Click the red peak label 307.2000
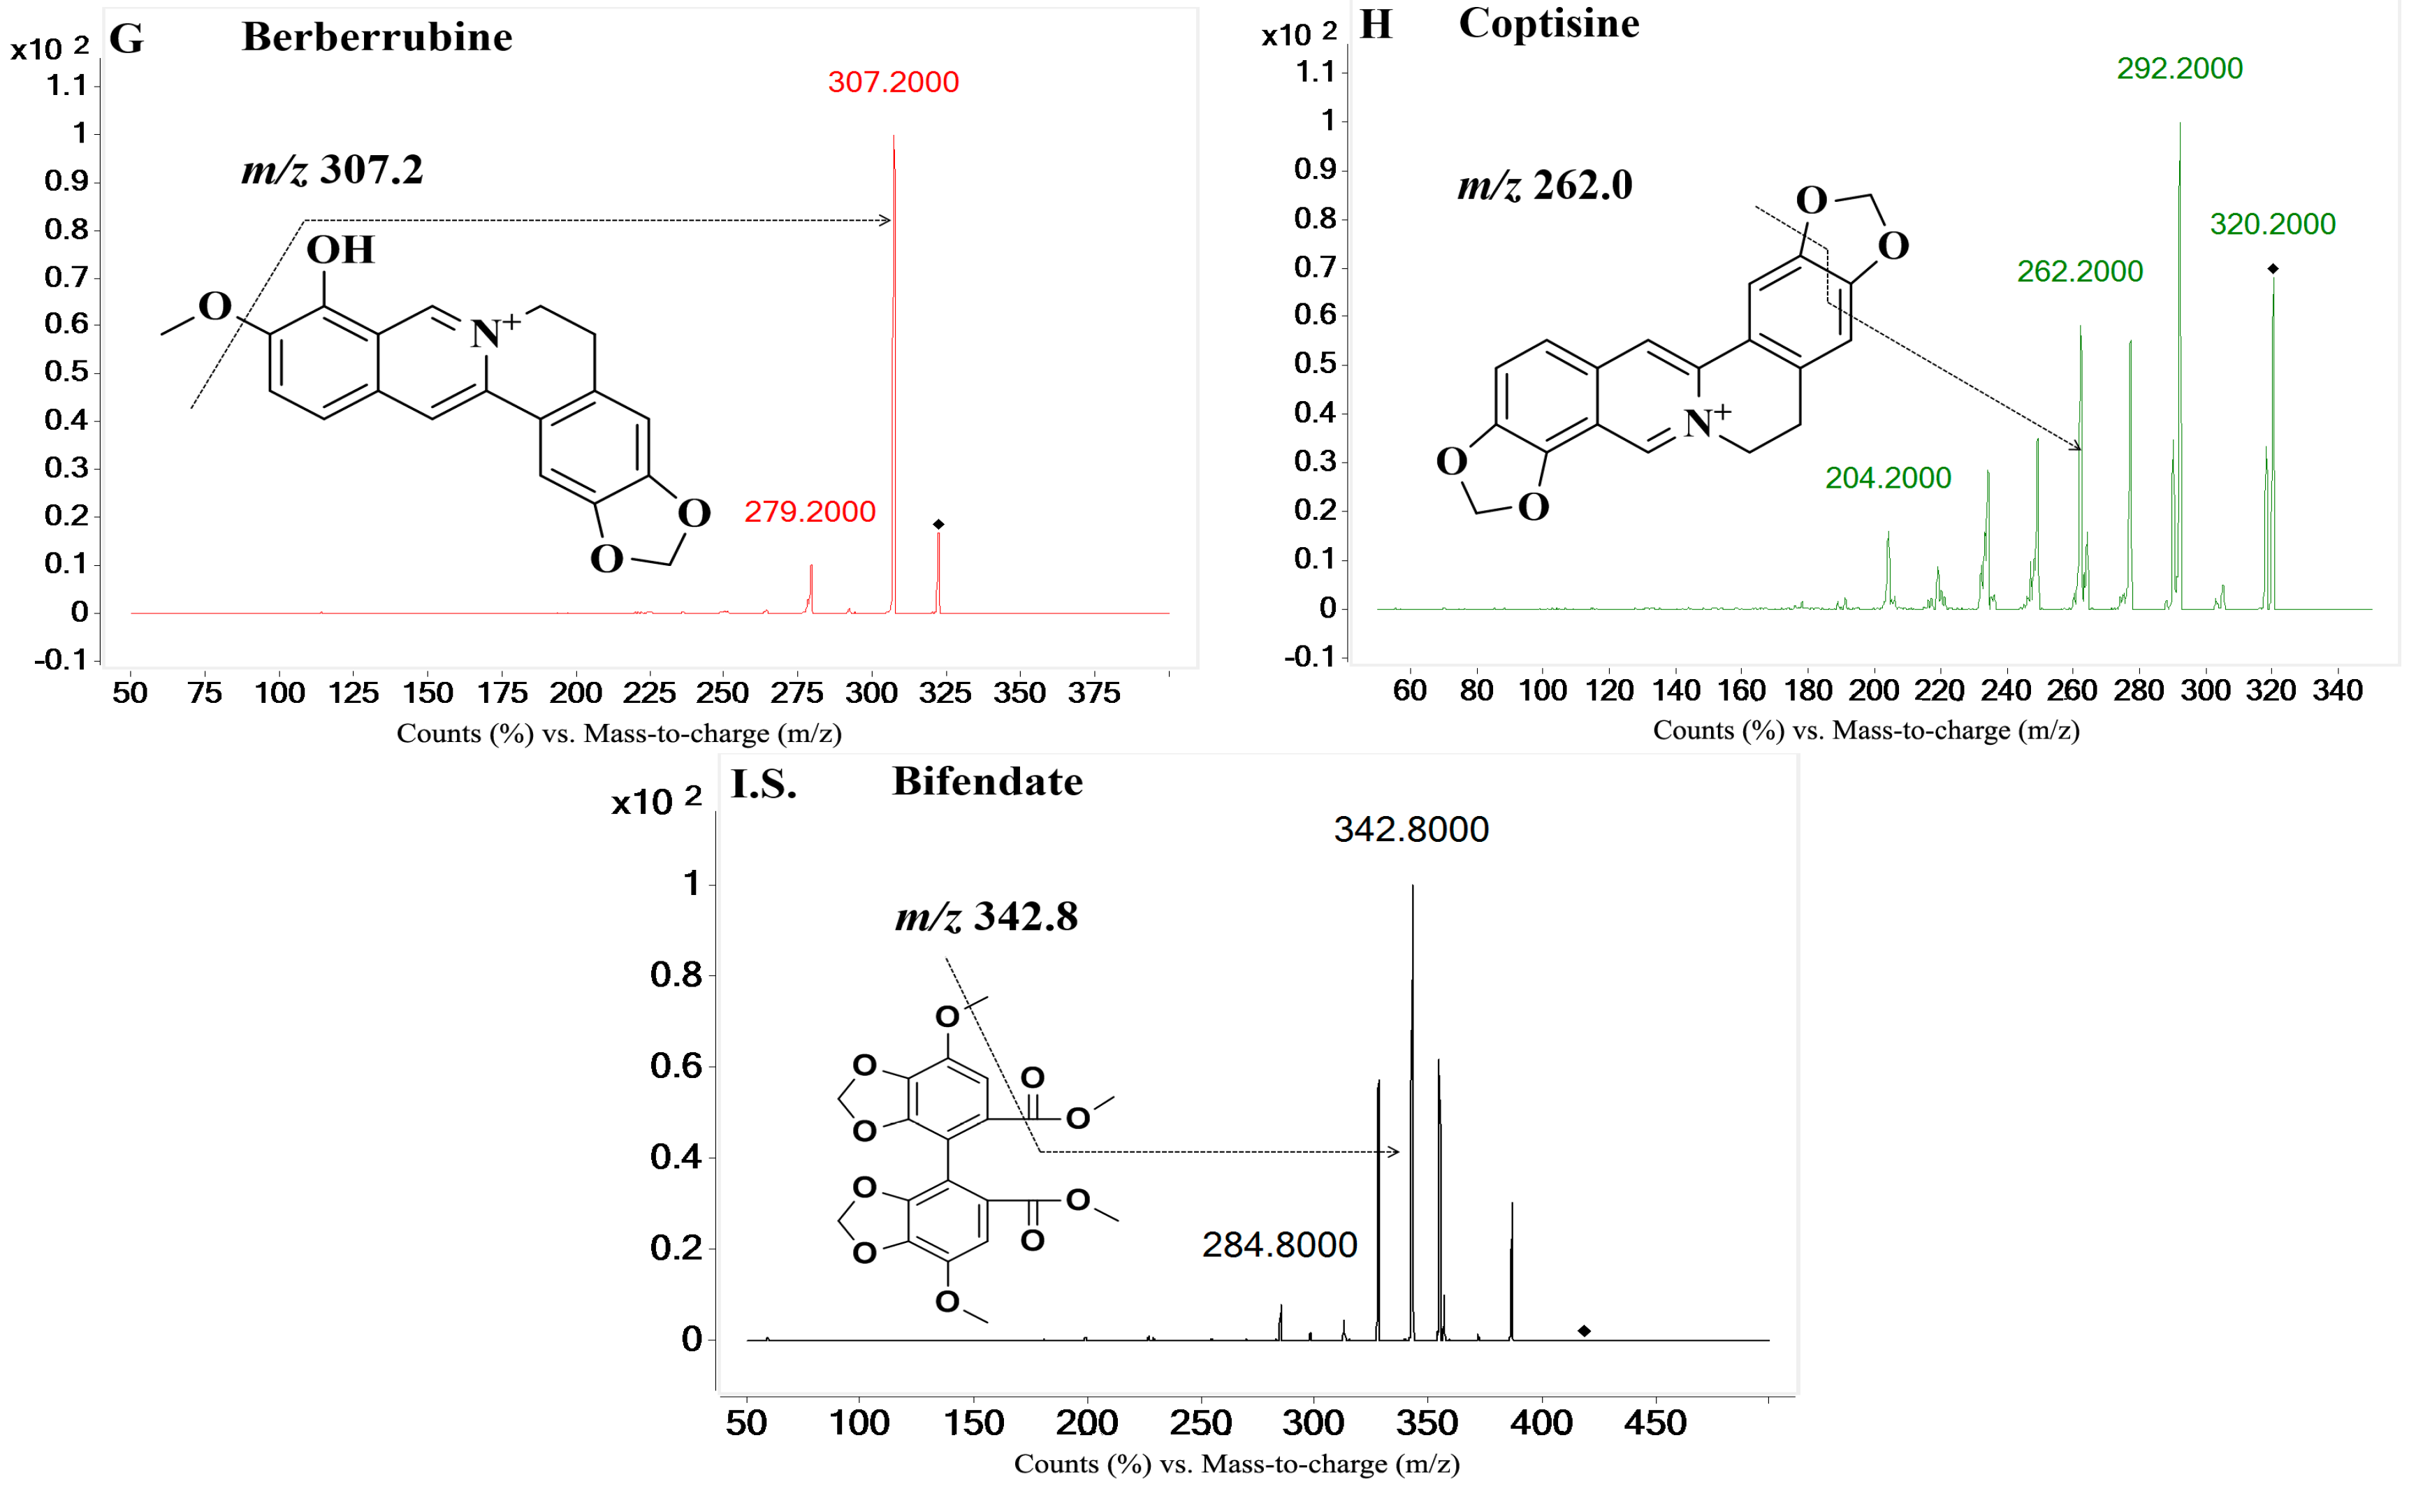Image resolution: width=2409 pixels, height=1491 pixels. pyautogui.click(x=892, y=82)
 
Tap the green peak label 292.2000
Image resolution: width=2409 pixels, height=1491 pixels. pyautogui.click(x=2179, y=68)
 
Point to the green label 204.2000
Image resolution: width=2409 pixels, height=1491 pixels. pyautogui.click(x=1887, y=479)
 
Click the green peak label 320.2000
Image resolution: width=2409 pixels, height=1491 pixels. pyautogui.click(x=2272, y=225)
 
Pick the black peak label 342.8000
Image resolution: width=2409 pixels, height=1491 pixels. pyautogui.click(x=1410, y=829)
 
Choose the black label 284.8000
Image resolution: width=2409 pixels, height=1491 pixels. pyautogui.click(x=1279, y=1246)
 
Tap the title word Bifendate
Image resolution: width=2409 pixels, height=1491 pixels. pyautogui.click(x=987, y=782)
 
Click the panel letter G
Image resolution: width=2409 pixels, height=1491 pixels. pyautogui.click(x=126, y=38)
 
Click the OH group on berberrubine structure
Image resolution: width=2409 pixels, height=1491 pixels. pyautogui.click(x=340, y=250)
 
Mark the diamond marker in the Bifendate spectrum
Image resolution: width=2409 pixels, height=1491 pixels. pyautogui.click(x=1584, y=1331)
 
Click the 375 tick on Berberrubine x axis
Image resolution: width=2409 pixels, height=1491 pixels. pyautogui.click(x=1093, y=693)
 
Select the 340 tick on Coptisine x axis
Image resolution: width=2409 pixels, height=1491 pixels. pyautogui.click(x=2337, y=690)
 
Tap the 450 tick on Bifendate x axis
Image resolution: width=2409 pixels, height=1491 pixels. pyautogui.click(x=1654, y=1423)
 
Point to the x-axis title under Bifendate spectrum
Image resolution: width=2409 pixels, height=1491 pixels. pyautogui.click(x=1237, y=1464)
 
